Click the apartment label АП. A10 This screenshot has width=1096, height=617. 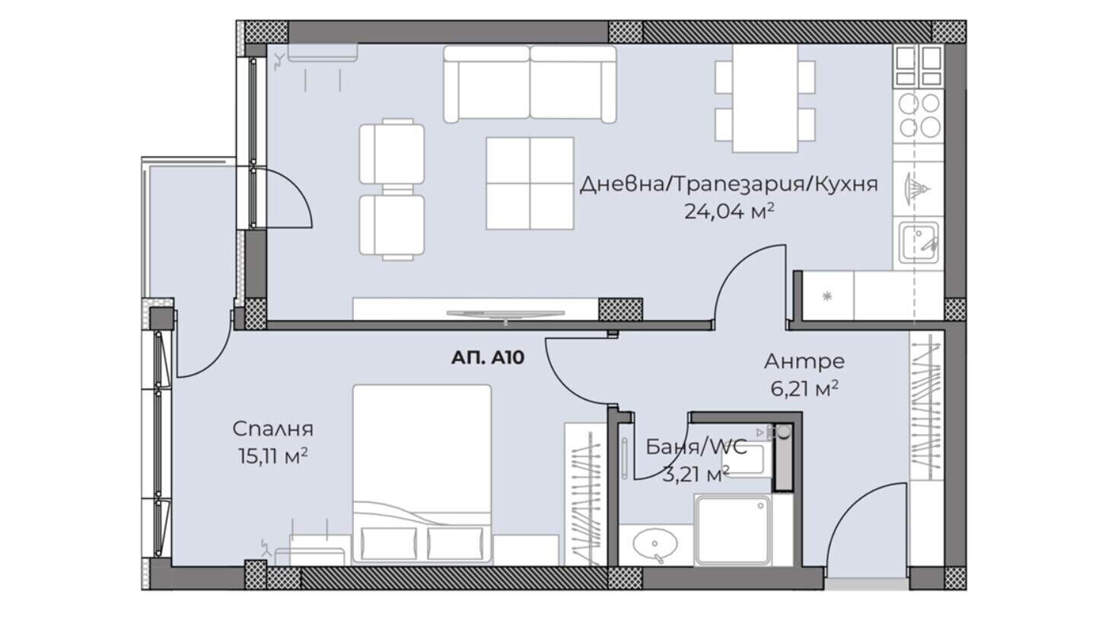pos(487,358)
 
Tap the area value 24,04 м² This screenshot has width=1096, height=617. pos(728,212)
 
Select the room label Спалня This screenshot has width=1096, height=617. pos(272,429)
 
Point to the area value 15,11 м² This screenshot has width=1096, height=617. pos(273,456)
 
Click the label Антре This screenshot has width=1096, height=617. pos(804,361)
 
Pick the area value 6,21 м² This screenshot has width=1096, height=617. pos(804,388)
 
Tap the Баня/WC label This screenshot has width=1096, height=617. pos(696,446)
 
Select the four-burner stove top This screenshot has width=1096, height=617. pos(919,116)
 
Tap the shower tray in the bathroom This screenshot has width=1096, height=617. pos(732,530)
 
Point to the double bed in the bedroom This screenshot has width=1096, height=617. pos(422,474)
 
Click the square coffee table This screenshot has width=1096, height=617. pos(530,183)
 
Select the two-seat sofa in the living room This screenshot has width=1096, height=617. pos(530,84)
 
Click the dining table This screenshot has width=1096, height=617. pos(765,99)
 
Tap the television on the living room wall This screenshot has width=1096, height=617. pos(505,314)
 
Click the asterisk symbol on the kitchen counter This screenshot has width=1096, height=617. pos(827,296)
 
